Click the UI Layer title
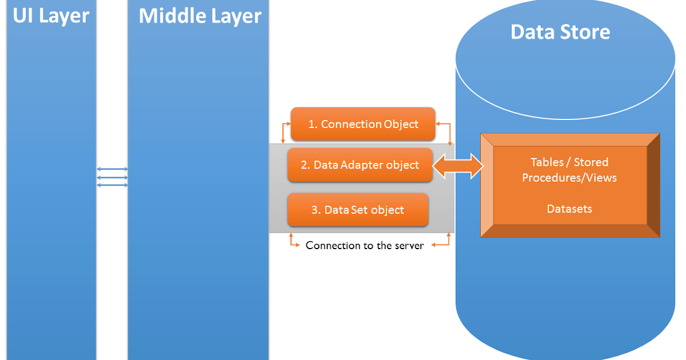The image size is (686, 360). [x=51, y=16]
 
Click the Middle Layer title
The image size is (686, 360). [x=200, y=16]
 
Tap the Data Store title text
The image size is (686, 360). [x=560, y=32]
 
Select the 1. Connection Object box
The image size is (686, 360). [x=363, y=124]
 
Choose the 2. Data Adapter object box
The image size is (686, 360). [x=360, y=165]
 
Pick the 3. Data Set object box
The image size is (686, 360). [x=358, y=210]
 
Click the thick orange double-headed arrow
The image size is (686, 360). [x=458, y=166]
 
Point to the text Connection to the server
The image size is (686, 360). [x=365, y=245]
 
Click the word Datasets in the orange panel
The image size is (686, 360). [x=569, y=209]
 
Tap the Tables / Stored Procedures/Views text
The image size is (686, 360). [x=569, y=170]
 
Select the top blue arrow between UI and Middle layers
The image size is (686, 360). [x=112, y=169]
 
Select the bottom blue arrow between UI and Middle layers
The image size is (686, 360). [x=112, y=185]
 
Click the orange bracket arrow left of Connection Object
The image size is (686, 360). [x=285, y=130]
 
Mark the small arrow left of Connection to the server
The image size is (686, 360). [x=294, y=242]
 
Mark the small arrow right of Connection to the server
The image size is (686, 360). [x=441, y=242]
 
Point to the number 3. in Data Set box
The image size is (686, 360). [x=316, y=210]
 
